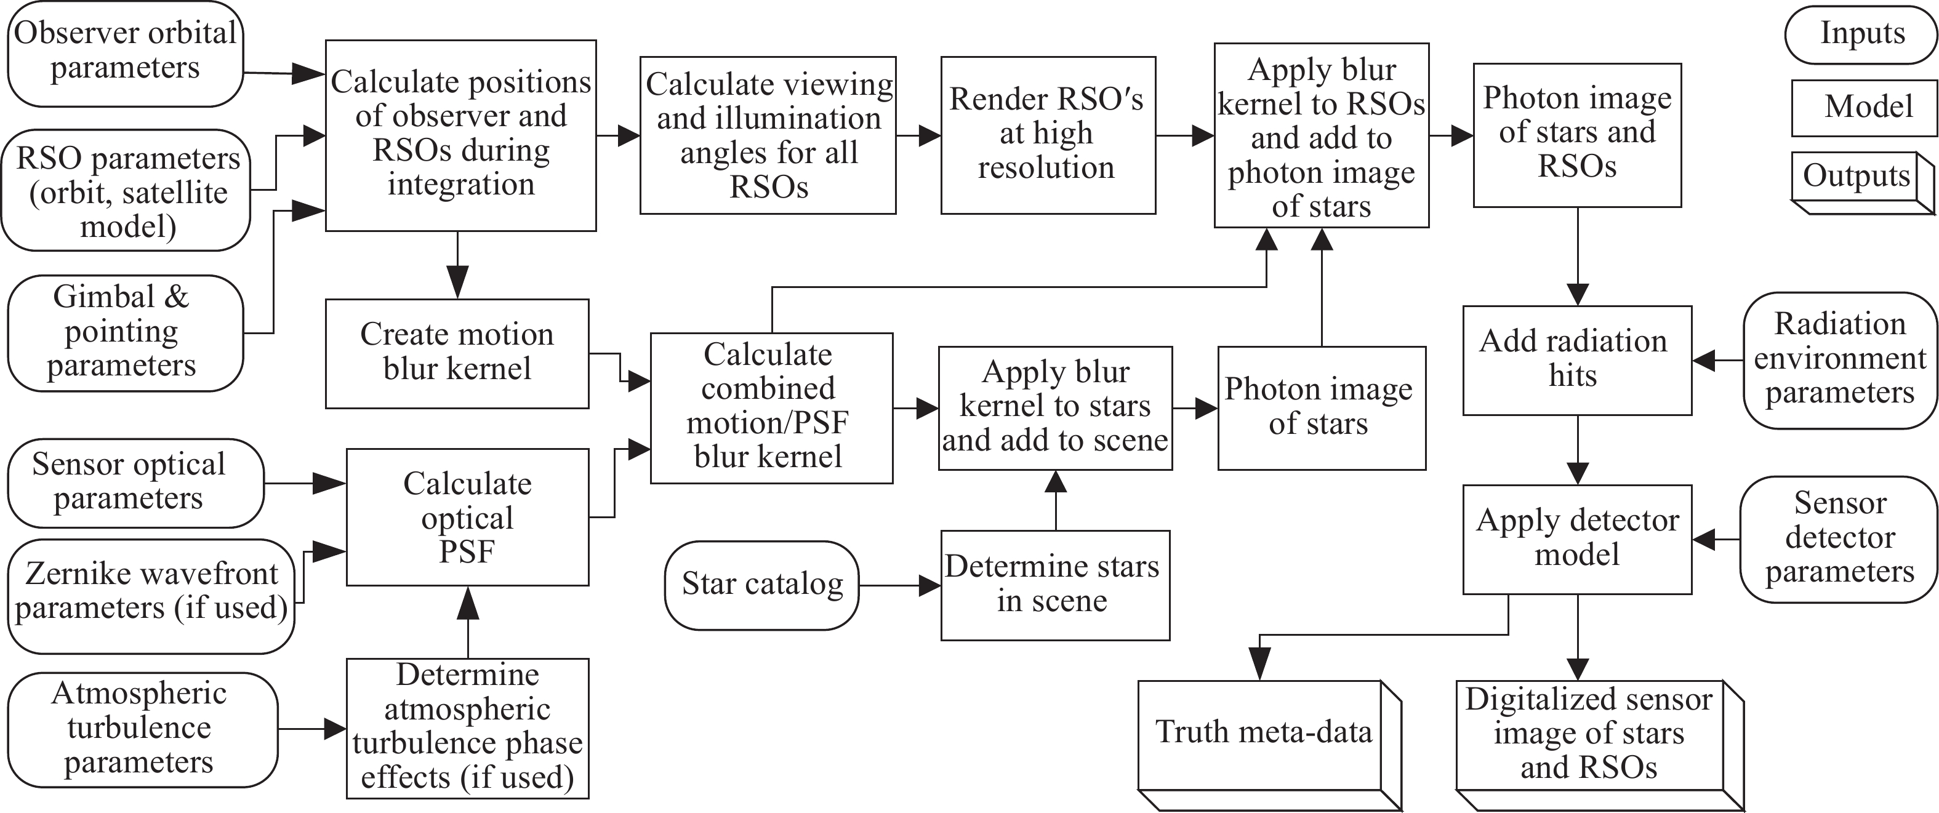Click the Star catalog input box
(762, 585)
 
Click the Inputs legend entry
(1861, 34)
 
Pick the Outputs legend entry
(1856, 177)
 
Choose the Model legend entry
(1868, 108)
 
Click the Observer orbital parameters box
(125, 51)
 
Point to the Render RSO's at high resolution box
(1047, 135)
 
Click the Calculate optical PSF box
(467, 517)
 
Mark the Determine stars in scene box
(1054, 585)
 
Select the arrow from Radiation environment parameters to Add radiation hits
(1717, 361)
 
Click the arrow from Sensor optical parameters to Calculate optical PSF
(305, 483)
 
